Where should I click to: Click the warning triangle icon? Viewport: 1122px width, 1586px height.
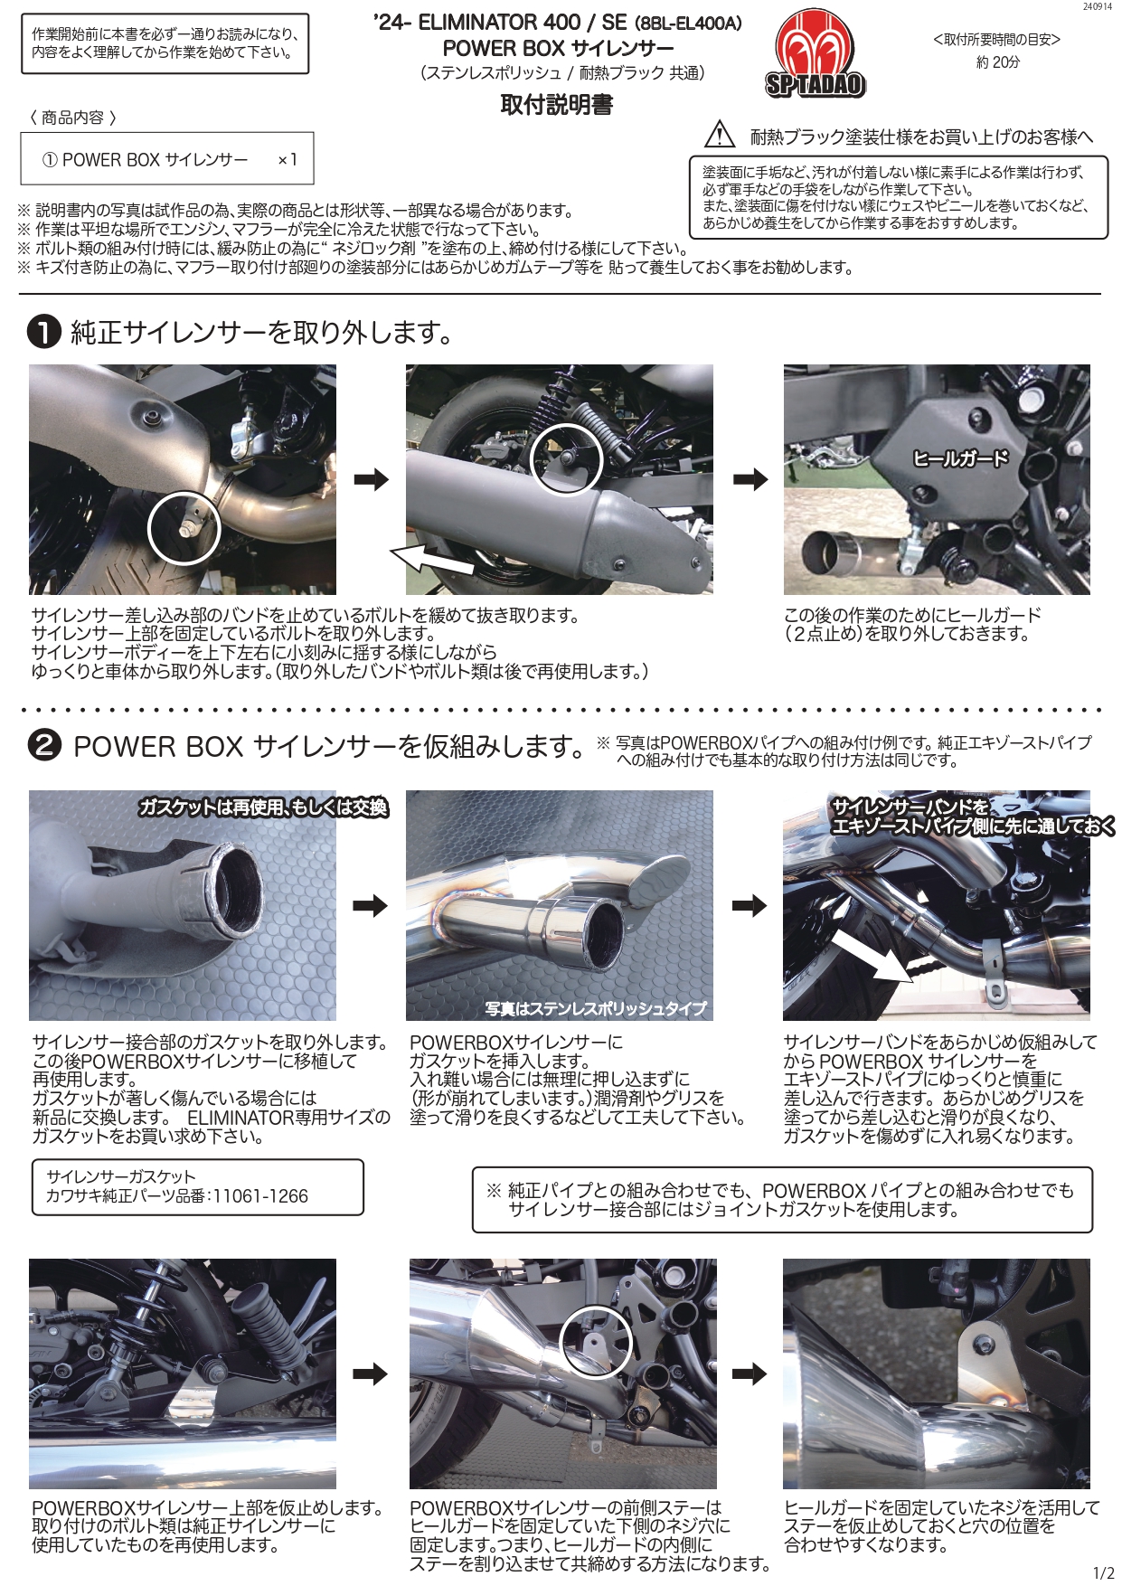point(720,134)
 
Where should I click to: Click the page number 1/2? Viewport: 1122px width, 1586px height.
point(1103,1573)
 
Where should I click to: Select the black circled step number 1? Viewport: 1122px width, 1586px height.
point(43,333)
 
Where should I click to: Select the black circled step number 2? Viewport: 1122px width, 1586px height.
point(43,747)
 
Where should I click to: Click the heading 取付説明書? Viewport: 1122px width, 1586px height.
point(557,105)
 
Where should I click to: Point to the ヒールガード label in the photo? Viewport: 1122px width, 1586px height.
point(959,458)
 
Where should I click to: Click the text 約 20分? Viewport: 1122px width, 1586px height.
point(997,62)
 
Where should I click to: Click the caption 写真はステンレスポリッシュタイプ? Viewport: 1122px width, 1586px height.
point(596,1008)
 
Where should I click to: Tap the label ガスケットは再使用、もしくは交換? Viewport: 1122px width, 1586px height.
point(263,807)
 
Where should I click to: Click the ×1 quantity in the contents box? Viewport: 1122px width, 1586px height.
point(287,160)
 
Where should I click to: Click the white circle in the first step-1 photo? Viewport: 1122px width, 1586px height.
point(184,528)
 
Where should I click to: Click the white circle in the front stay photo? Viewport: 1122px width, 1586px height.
point(595,1342)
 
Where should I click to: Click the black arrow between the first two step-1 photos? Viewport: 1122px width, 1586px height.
point(371,479)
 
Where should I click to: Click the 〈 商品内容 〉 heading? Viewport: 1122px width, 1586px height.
point(72,118)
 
